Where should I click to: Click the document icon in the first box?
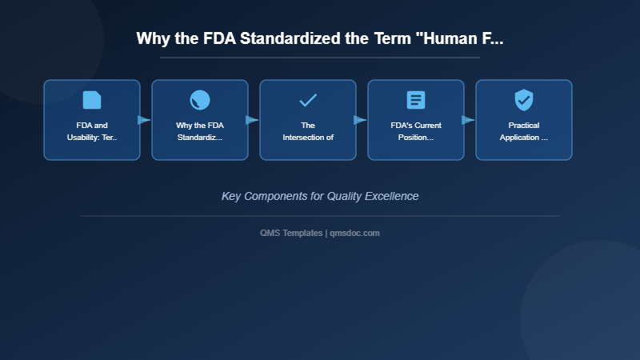pos(92,100)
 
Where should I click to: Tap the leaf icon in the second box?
pos(200,100)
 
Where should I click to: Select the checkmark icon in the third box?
pos(308,100)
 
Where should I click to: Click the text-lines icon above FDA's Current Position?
pos(416,100)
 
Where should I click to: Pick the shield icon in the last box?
pos(524,100)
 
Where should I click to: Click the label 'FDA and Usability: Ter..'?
pos(92,131)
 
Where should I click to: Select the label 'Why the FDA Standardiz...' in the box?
pos(200,131)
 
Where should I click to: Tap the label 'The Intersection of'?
pos(308,131)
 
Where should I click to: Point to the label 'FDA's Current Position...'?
pos(416,131)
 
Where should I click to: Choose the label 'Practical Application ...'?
pos(524,131)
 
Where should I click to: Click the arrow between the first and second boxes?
pos(144,120)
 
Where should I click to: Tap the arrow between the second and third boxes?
pos(252,120)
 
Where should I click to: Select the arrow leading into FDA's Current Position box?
pos(360,120)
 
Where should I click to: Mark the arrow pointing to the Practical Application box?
pos(468,120)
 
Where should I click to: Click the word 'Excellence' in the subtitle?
pos(392,196)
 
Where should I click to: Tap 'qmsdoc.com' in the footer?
pos(354,233)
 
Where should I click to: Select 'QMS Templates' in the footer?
pos(291,233)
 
